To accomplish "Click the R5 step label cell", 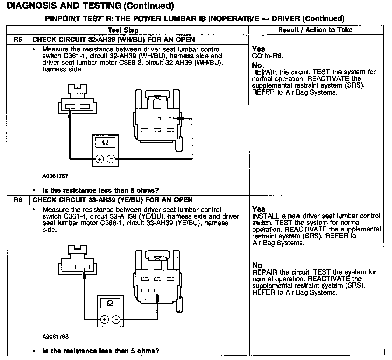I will (17, 40).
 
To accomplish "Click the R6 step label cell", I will (17, 200).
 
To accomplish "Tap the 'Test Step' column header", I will (123, 30).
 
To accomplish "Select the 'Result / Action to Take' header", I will (315, 30).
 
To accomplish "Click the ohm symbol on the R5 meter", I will (105, 143).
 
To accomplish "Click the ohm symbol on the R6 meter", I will (110, 303).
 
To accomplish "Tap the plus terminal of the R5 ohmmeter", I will (100, 159).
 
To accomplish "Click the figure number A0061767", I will (55, 176).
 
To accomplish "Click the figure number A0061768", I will (55, 337).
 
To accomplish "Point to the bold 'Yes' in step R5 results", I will (258, 49).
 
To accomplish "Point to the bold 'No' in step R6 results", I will (257, 265).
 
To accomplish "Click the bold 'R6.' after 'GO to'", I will (278, 56).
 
